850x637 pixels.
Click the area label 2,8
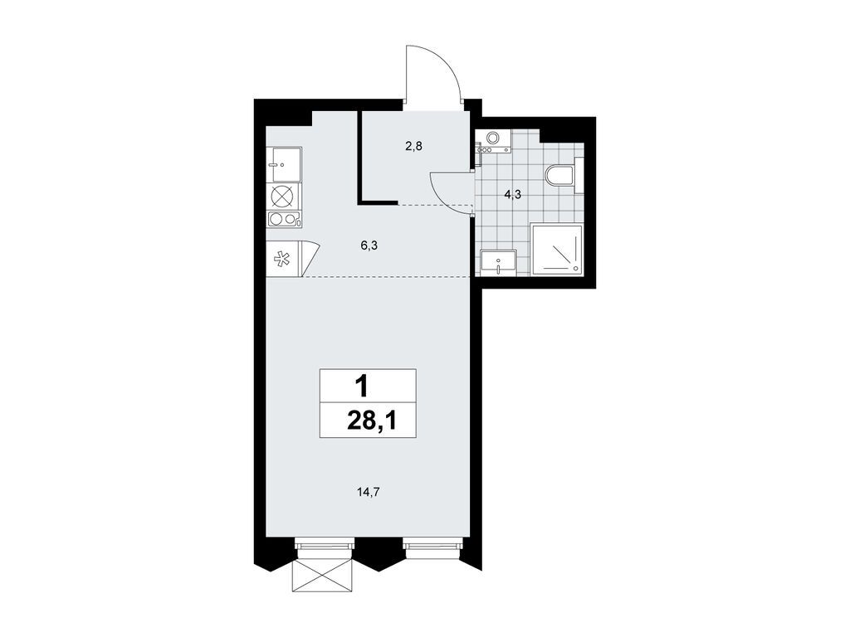coord(414,146)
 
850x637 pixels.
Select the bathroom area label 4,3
coord(514,196)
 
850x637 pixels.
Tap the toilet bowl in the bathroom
coord(560,175)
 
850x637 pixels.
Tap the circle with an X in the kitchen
coord(282,196)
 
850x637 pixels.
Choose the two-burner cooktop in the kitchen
coord(283,220)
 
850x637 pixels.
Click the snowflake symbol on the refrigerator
coord(282,259)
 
